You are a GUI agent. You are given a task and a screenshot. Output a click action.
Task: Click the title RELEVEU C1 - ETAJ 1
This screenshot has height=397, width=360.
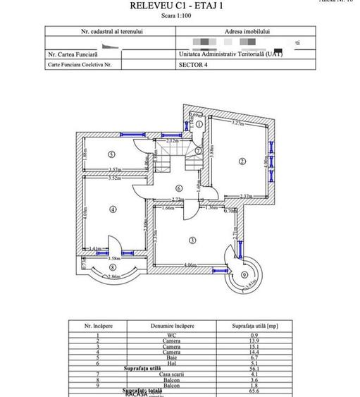(x=180, y=6)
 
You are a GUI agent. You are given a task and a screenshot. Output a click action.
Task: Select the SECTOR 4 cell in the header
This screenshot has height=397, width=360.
(x=192, y=63)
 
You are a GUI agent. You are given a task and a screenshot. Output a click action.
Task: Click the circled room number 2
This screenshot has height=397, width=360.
(x=242, y=161)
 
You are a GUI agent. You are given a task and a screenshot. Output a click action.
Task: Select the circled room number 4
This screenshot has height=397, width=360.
(x=113, y=209)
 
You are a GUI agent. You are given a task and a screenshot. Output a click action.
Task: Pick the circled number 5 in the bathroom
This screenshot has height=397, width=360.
(x=111, y=154)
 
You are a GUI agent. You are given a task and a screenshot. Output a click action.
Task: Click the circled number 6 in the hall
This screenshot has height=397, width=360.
(x=179, y=188)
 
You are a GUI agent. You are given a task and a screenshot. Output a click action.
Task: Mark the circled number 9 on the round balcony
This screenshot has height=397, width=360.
(x=244, y=275)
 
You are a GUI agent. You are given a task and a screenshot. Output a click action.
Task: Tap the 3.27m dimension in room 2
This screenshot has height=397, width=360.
(x=237, y=123)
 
